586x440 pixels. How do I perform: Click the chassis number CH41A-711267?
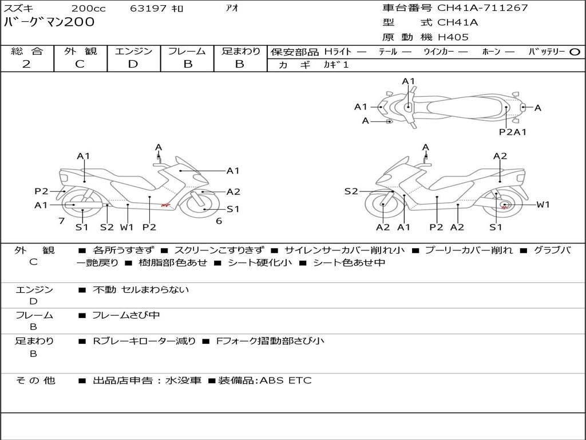pos(482,7)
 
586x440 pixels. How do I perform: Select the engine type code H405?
pos(453,37)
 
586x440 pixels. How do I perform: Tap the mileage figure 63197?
pos(148,8)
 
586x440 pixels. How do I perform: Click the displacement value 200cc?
pos(89,8)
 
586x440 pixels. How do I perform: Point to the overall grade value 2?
pos(26,64)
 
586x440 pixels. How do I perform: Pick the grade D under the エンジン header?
pos(133,64)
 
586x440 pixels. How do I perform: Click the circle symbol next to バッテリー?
pos(575,52)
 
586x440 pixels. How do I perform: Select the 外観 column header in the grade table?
pos(80,51)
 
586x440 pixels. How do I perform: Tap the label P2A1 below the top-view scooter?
pos(513,132)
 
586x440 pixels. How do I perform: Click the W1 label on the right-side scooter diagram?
pos(543,205)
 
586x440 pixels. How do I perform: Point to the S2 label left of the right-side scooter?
pos(351,191)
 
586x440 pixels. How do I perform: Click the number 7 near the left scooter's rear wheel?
pos(62,221)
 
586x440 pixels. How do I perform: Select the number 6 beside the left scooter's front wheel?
pos(219,221)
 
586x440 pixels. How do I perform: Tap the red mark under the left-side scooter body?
pos(165,205)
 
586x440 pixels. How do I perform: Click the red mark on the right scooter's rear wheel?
pos(504,206)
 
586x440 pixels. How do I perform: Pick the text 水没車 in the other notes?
pos(183,380)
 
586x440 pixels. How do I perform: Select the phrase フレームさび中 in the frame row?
pos(126,315)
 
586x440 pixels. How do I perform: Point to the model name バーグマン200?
pos(49,22)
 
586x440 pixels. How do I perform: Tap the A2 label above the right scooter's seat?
pos(500,156)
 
